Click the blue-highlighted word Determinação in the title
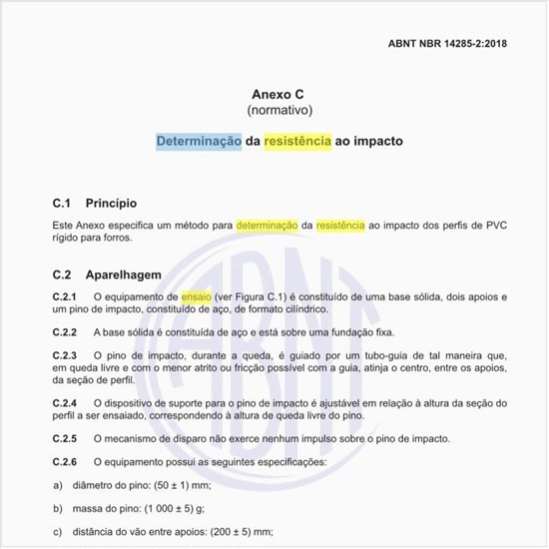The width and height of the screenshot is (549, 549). click(199, 141)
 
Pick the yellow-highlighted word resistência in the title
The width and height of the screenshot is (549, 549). click(297, 141)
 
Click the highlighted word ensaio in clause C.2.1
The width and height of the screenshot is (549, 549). click(197, 297)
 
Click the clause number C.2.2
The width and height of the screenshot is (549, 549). click(64, 331)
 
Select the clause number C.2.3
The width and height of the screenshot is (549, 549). click(64, 355)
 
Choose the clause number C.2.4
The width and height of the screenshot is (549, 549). click(64, 402)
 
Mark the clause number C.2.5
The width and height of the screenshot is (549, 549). click(64, 439)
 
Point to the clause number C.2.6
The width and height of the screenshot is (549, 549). click(64, 462)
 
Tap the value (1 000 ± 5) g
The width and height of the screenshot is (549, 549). click(179, 508)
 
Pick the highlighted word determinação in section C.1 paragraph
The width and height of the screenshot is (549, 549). click(268, 226)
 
